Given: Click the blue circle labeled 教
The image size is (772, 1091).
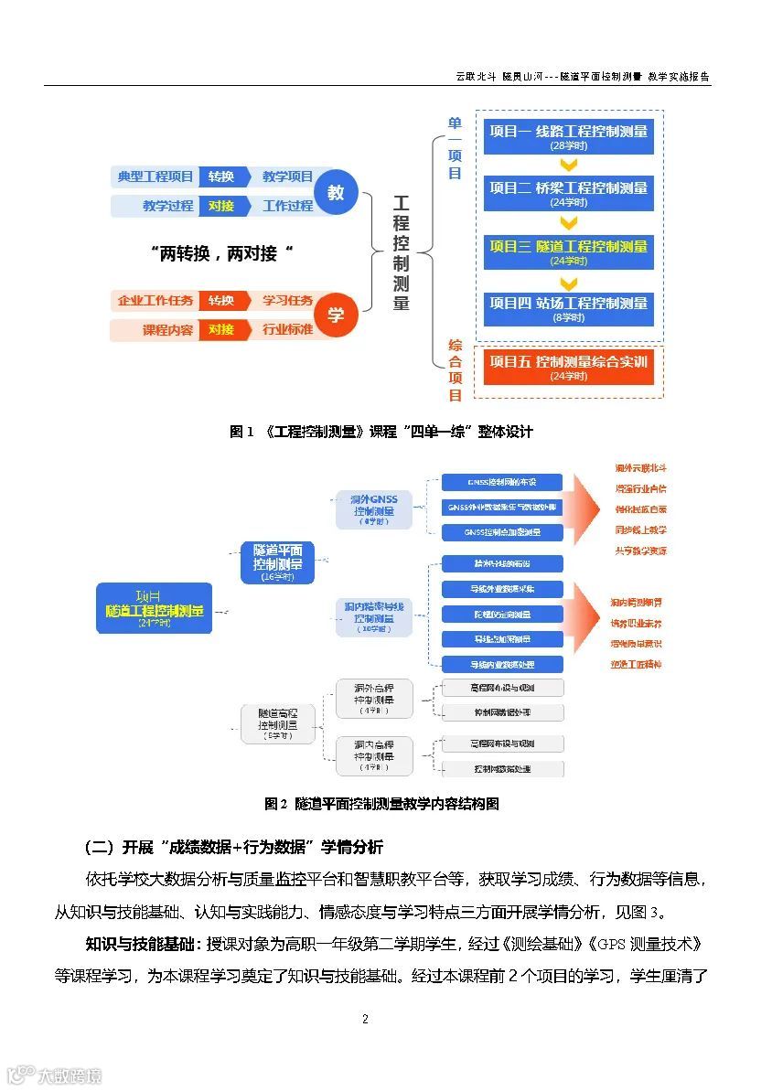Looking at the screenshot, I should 336,193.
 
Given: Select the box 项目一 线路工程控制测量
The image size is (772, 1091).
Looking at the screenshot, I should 568,135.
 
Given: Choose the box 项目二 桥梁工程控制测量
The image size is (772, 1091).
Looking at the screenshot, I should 568,192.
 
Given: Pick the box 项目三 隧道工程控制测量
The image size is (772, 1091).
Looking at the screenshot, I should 568,251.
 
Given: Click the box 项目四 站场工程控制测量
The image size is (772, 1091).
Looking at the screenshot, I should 568,308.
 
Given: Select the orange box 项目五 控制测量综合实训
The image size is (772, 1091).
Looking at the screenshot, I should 568,367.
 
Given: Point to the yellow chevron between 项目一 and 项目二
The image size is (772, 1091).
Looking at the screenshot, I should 568,166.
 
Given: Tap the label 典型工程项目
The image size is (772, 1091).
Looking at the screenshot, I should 155,176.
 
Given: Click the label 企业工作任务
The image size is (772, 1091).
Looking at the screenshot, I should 155,300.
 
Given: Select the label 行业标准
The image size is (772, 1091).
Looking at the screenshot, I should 287,329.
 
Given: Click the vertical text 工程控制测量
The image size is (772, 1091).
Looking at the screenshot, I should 401,252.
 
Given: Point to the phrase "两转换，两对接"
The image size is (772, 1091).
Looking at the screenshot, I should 226,253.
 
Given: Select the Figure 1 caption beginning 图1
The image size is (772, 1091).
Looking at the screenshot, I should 381,431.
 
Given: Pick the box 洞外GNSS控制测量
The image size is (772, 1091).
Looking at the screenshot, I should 373,509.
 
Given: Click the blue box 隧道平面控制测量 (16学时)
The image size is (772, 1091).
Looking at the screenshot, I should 277,562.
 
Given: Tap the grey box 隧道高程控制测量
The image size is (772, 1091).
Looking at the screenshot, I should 277,722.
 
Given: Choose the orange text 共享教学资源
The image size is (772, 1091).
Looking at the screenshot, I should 640,551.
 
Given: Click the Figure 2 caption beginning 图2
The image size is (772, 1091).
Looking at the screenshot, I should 381,804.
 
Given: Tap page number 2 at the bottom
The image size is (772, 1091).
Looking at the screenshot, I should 365,1020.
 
